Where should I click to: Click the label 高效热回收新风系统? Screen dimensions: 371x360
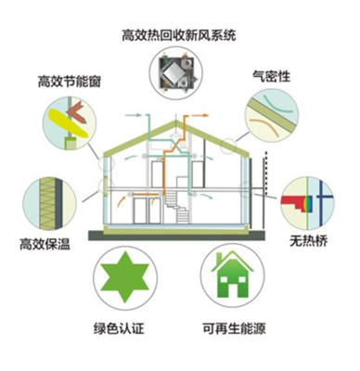(x=179, y=36)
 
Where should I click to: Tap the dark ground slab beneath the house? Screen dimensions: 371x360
(x=176, y=236)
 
